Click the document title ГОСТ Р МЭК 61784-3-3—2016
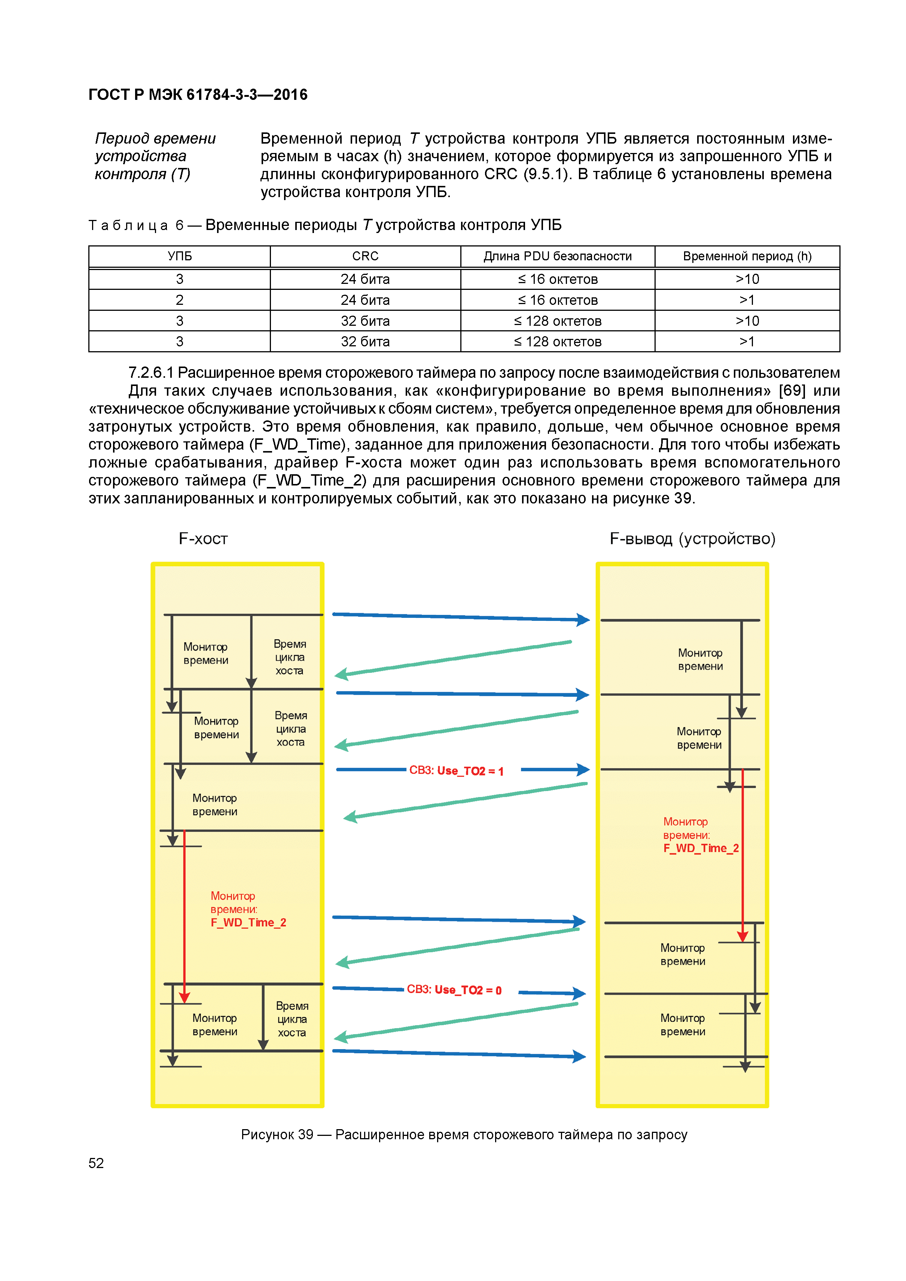click(198, 95)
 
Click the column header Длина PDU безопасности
click(557, 256)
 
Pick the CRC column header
click(365, 256)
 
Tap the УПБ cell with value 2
click(179, 300)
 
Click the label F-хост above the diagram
click(203, 539)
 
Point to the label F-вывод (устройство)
click(692, 539)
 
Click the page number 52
click(96, 1163)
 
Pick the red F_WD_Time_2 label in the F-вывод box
click(701, 849)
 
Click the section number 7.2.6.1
click(150, 373)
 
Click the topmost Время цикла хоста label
click(290, 657)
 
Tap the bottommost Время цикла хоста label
click(292, 1019)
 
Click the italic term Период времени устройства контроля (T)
click(155, 156)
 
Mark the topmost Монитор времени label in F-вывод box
click(700, 659)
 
